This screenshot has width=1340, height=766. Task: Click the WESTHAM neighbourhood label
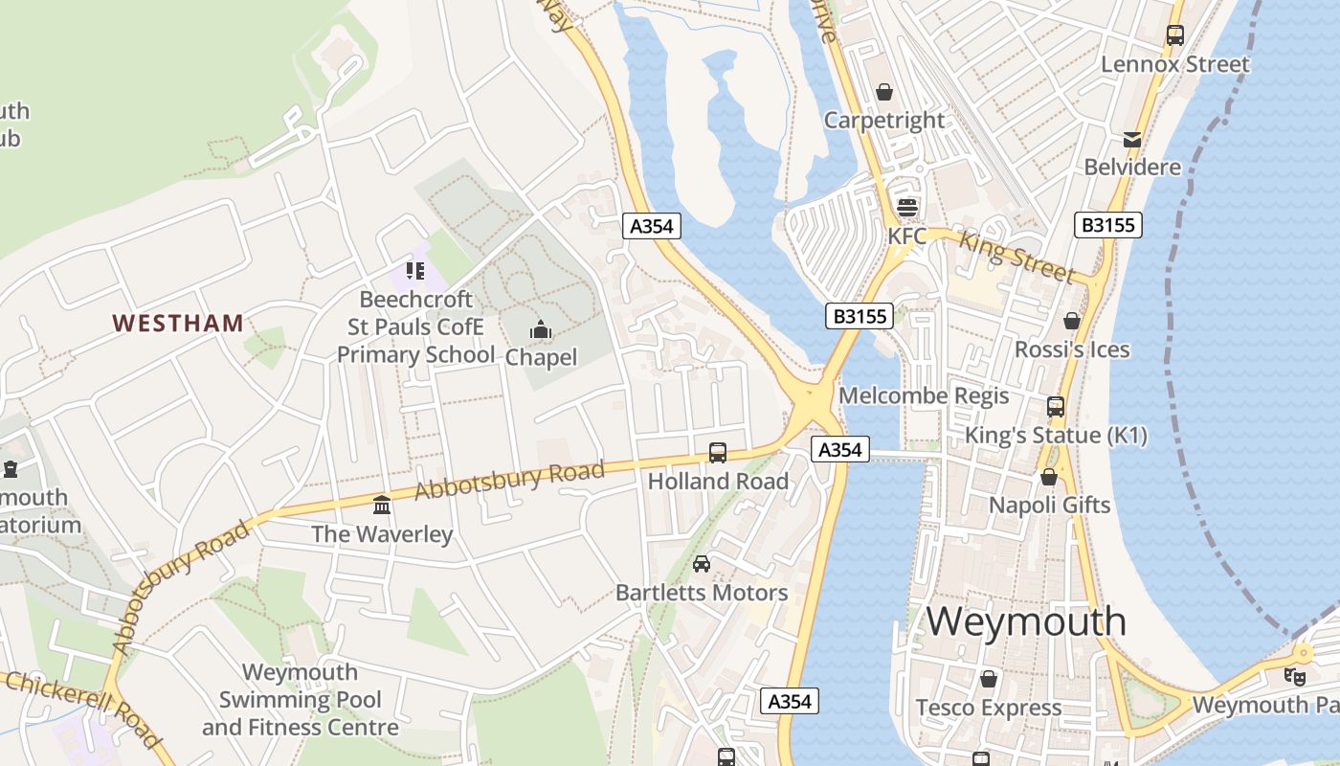coord(178,323)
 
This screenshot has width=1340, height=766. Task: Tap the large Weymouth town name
coord(1026,621)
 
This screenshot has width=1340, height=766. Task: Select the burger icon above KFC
coord(906,207)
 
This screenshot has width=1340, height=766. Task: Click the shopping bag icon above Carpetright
coord(884,92)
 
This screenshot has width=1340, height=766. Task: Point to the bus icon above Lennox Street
coord(1174,35)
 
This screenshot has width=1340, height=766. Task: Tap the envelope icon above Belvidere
coord(1132,140)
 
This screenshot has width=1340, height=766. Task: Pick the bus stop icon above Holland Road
coord(717,453)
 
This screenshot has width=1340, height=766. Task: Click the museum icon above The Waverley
coord(382,505)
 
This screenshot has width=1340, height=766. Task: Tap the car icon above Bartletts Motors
coord(702,564)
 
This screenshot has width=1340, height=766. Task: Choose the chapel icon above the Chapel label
coord(541,331)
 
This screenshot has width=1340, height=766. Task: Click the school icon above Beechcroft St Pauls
coord(414,271)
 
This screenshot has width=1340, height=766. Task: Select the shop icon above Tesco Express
coord(988,679)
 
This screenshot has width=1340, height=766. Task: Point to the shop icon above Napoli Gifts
coord(1049,476)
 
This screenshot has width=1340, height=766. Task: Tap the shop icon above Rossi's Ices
coord(1072,321)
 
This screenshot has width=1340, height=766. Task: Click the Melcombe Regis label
coord(924,395)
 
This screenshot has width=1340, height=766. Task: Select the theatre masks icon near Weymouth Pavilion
coord(1295,676)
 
